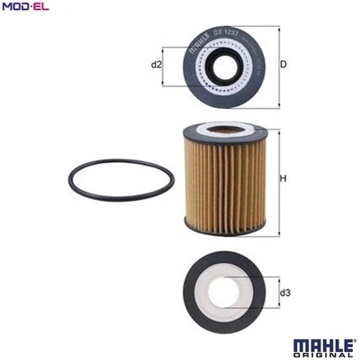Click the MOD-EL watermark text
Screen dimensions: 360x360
(x=25, y=9)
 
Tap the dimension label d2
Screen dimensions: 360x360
(x=156, y=64)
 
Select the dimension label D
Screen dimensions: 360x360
(x=283, y=64)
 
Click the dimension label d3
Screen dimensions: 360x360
(x=285, y=292)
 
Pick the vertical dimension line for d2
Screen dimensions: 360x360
(x=165, y=64)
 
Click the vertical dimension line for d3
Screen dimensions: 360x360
(x=276, y=292)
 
